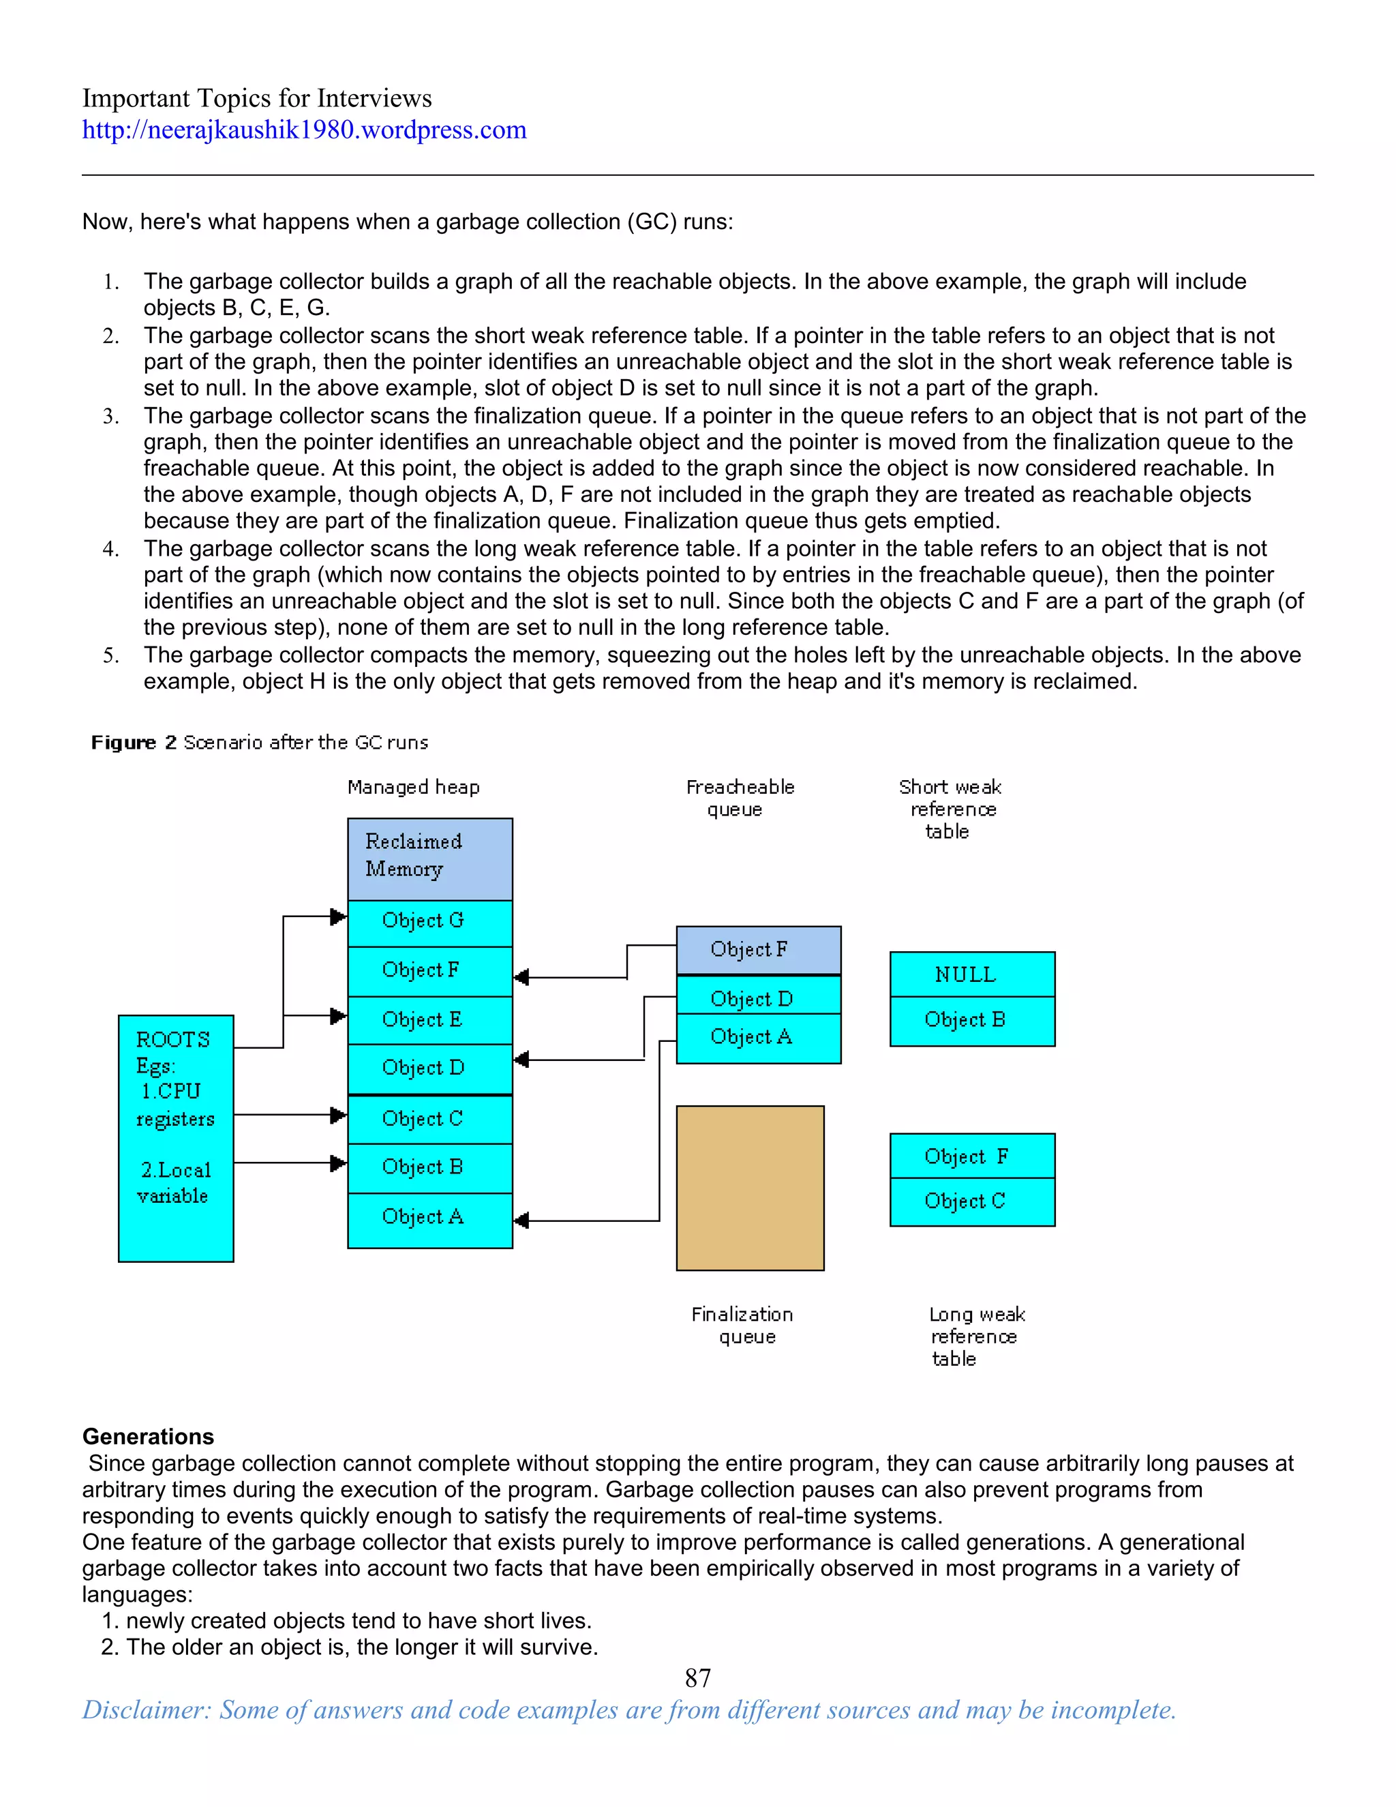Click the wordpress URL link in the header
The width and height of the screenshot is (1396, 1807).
(x=303, y=130)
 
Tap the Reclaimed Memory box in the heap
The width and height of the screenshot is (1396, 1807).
(x=429, y=858)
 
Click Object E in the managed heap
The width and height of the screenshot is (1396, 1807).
(x=429, y=1019)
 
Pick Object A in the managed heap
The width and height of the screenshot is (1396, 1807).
(x=429, y=1217)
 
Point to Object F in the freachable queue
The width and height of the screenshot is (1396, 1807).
(x=757, y=950)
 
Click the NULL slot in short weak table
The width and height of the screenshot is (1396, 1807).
(x=972, y=974)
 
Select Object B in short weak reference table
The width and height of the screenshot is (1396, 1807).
(x=972, y=1020)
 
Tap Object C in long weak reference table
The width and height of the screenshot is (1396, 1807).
(x=972, y=1201)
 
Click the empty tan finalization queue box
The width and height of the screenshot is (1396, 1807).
(x=749, y=1188)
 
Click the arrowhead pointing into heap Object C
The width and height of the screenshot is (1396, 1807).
(x=337, y=1116)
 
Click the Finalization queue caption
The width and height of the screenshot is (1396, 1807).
(x=742, y=1326)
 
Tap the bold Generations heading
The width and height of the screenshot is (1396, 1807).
(x=147, y=1436)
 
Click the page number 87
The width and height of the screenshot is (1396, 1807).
(x=697, y=1678)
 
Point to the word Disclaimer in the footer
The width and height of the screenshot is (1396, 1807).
(x=146, y=1710)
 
